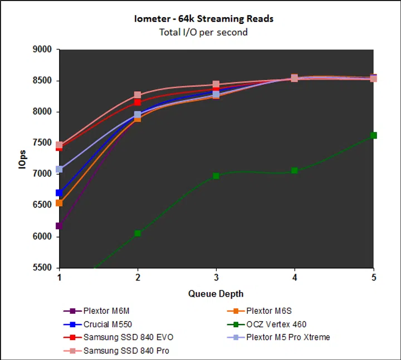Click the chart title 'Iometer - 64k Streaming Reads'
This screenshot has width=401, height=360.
tap(203, 19)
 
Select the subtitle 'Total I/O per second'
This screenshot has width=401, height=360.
tap(203, 32)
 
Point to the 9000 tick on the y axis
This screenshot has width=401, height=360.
tap(42, 50)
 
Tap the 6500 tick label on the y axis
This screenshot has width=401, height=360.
tap(42, 205)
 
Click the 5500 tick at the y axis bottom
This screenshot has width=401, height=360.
tap(42, 268)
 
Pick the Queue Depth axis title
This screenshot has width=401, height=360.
tap(216, 294)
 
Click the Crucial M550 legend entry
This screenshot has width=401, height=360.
tap(107, 324)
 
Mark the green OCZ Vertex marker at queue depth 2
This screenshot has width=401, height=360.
tap(138, 233)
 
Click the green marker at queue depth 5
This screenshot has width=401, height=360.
tap(373, 135)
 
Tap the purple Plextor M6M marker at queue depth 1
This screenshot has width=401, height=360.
tap(59, 226)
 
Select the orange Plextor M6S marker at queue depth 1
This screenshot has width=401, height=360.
tap(59, 203)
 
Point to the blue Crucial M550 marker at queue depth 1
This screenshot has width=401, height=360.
tap(59, 193)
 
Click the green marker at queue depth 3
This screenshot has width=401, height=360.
tap(216, 176)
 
